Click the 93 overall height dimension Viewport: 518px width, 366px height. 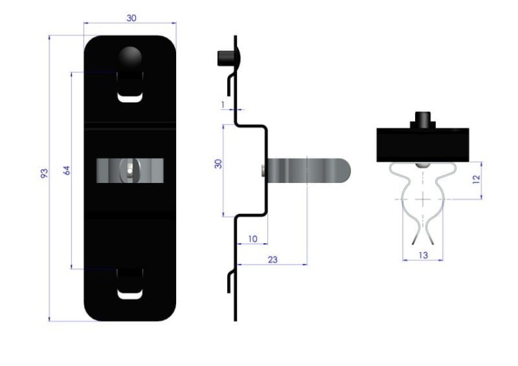pos(44,173)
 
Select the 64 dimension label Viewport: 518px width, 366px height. pos(66,171)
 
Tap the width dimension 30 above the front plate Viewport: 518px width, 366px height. pos(131,18)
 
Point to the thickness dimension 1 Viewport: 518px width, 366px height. pos(223,105)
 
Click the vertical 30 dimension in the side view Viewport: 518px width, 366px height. pos(218,164)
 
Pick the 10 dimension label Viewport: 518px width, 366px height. pos(253,238)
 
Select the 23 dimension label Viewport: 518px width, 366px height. pos(273,260)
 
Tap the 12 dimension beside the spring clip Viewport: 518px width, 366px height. pos(476,180)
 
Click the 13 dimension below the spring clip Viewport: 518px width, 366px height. pos(423,256)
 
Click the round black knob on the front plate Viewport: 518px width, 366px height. pos(130,57)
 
